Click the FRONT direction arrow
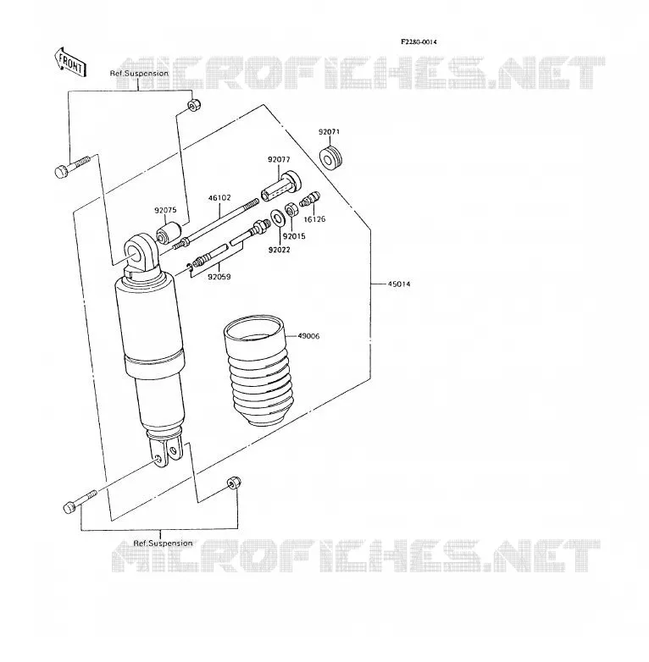coord(69,62)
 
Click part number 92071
coord(329,132)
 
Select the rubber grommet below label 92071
coord(330,158)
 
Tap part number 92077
coord(279,160)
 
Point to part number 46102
coord(219,197)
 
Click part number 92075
coord(165,210)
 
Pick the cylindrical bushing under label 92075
coord(169,233)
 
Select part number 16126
coord(315,219)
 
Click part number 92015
coord(294,236)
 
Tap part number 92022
coord(280,250)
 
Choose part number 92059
coord(219,277)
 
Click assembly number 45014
coord(399,284)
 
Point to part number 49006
coord(308,336)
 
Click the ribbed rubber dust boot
coord(258,369)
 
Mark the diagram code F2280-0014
coord(419,41)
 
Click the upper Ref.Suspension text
coord(139,74)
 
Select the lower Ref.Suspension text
coord(163,543)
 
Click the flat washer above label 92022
coord(277,218)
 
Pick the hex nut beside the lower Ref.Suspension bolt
coord(234,483)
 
